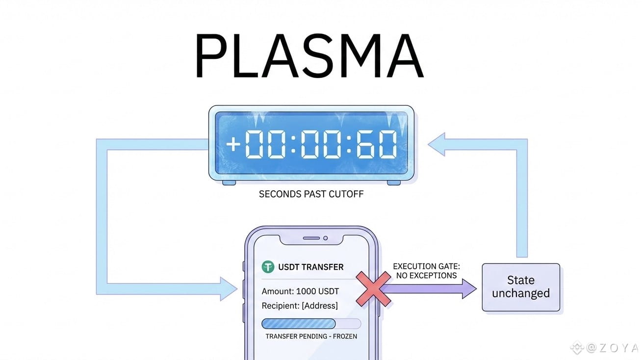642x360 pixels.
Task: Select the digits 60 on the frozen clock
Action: point(377,144)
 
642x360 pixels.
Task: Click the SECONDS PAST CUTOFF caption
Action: point(311,194)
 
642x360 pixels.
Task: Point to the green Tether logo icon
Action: point(268,267)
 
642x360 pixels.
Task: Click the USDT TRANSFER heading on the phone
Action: point(310,267)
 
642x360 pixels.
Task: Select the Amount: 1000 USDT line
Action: point(300,291)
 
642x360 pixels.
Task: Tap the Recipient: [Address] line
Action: point(300,306)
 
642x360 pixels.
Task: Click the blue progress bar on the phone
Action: point(299,324)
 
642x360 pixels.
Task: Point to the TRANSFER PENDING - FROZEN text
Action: point(311,336)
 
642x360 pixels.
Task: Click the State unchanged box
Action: point(520,287)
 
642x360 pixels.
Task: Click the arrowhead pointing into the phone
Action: point(230,289)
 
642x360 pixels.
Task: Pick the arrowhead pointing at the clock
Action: point(437,143)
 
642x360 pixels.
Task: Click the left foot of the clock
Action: point(229,182)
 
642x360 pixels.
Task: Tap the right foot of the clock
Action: point(393,182)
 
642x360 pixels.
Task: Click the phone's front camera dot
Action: point(325,238)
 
